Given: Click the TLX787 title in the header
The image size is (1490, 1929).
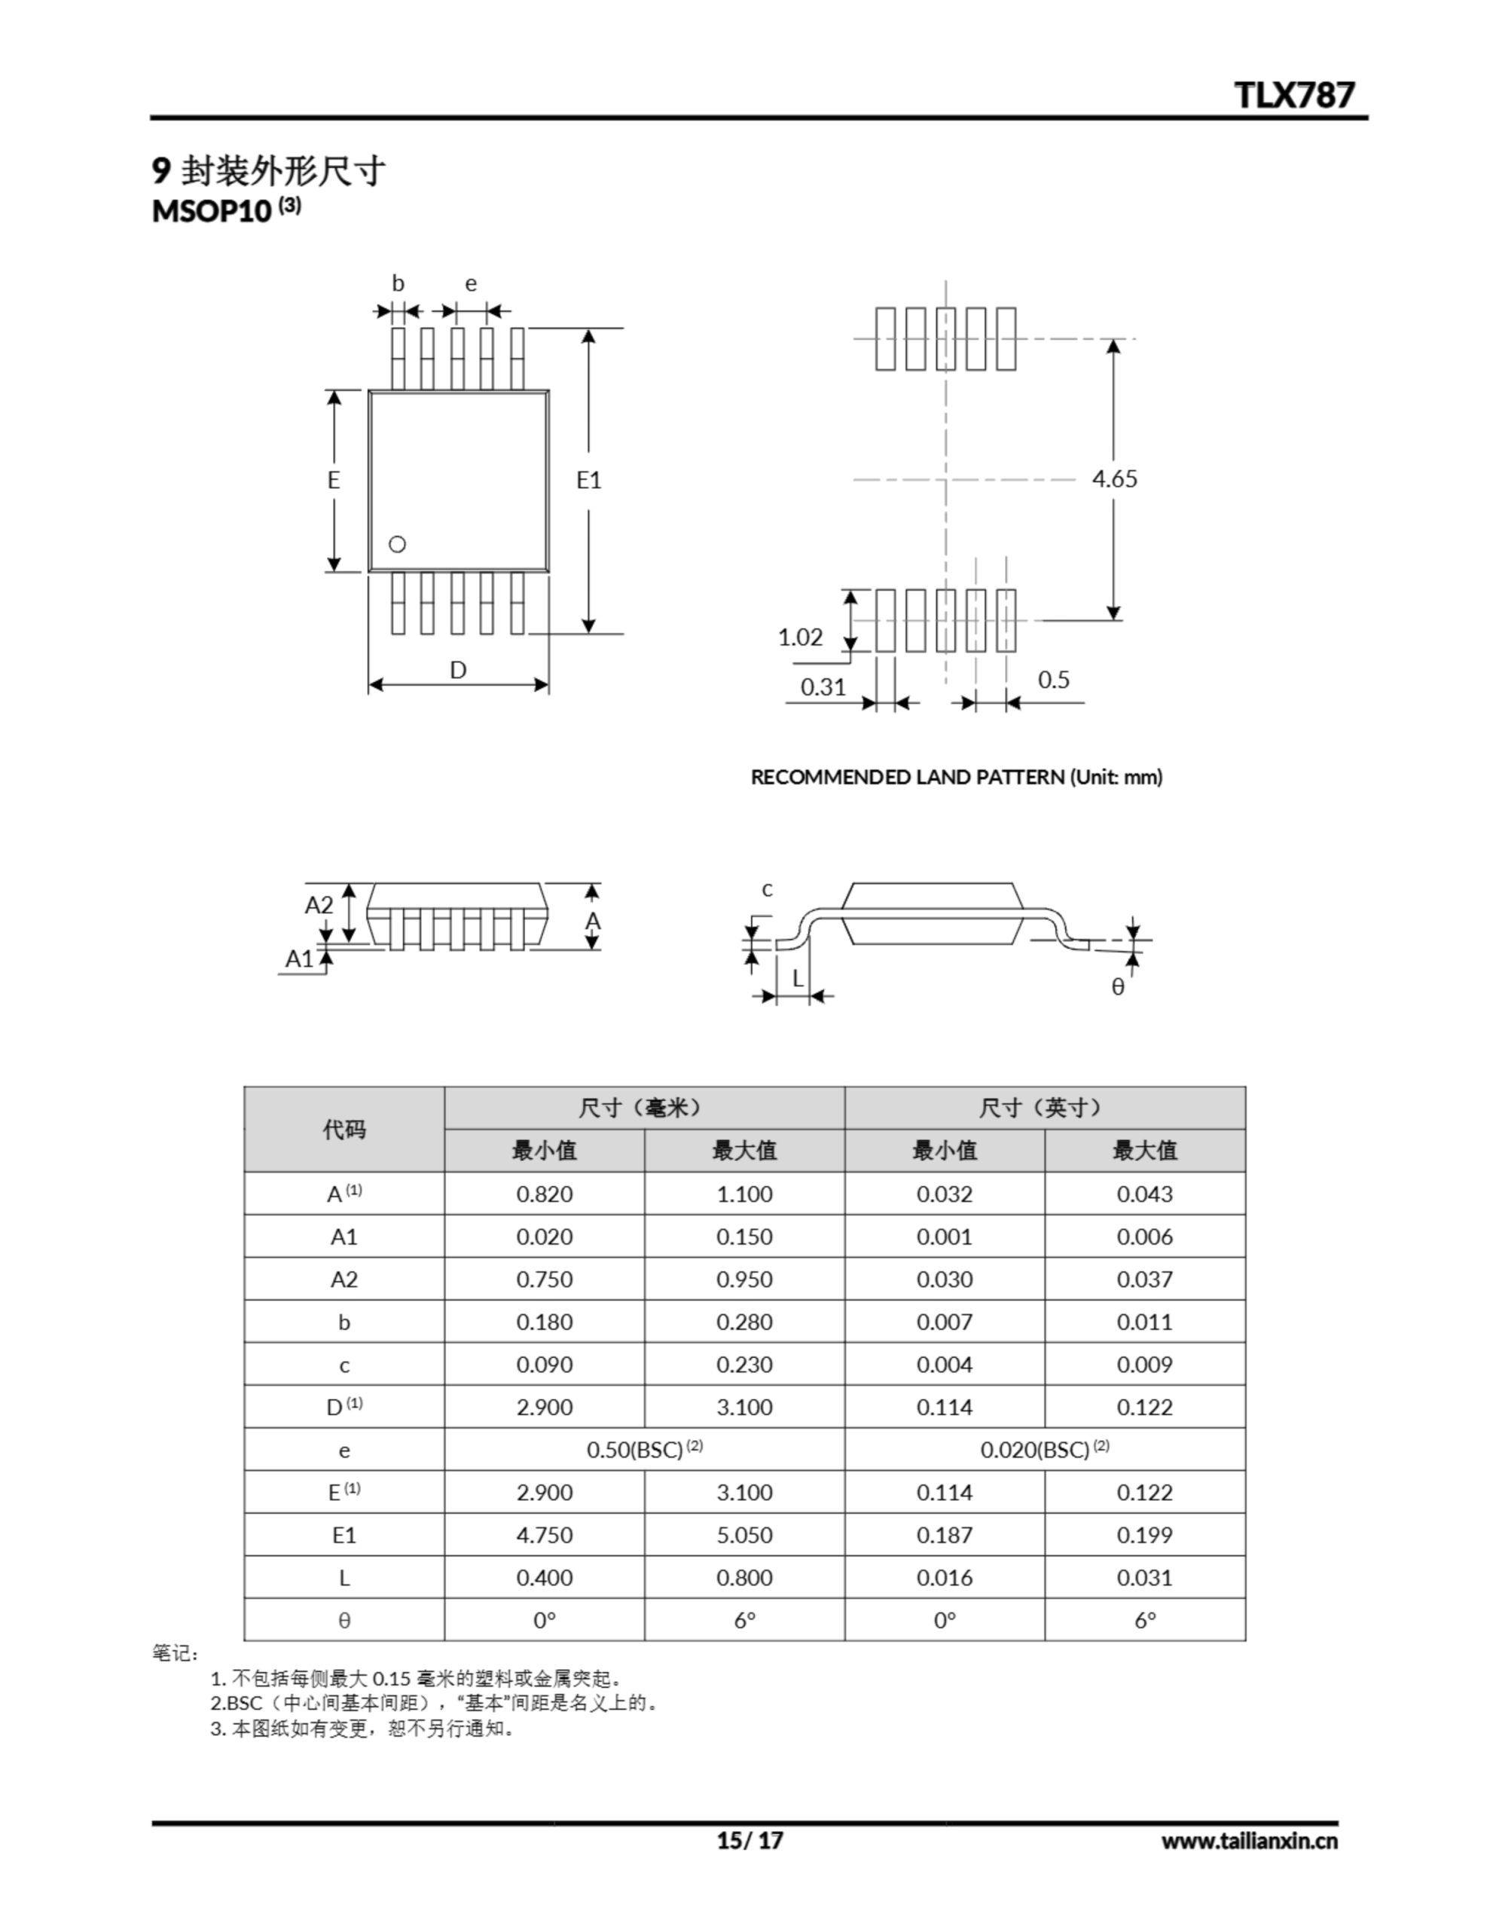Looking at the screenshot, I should click(x=1293, y=94).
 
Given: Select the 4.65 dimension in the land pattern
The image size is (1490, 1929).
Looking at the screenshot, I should click(x=1115, y=478).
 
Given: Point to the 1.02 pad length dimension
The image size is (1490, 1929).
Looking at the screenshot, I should click(x=800, y=637).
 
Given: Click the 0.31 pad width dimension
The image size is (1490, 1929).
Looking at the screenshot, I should click(x=823, y=686).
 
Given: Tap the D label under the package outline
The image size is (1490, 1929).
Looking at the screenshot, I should click(x=457, y=671).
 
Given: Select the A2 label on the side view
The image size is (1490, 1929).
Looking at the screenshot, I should click(x=319, y=905).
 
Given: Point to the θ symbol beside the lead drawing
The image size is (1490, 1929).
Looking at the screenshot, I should click(x=1117, y=986).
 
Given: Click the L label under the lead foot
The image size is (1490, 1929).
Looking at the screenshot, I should click(x=798, y=978).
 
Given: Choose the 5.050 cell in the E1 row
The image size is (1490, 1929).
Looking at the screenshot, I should click(x=743, y=1535).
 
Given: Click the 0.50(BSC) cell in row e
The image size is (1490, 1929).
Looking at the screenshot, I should click(x=644, y=1450).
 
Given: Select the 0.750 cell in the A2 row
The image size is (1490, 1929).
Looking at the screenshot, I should click(x=544, y=1279).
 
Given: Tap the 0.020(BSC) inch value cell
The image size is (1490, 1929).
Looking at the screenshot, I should click(x=1044, y=1450).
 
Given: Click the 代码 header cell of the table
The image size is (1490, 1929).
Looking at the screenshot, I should click(x=343, y=1129).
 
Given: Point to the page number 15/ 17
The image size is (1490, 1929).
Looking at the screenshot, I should click(x=749, y=1840).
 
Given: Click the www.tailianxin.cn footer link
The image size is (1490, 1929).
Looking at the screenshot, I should click(x=1249, y=1841).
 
